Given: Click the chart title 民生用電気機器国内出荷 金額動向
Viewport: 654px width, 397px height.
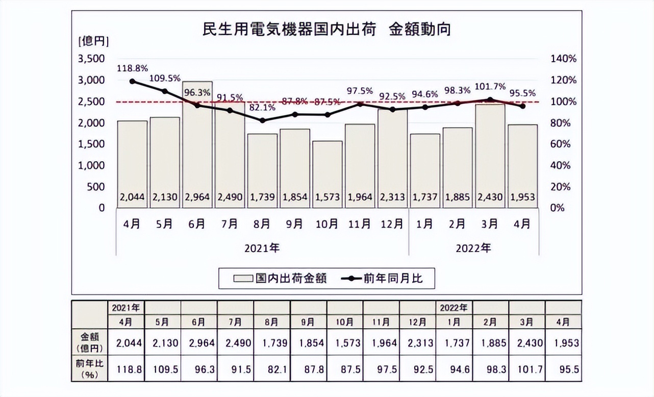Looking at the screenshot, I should [326, 30].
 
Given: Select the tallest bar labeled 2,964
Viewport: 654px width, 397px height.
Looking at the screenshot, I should [197, 143].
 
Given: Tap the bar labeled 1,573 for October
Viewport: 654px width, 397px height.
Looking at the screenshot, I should [327, 173].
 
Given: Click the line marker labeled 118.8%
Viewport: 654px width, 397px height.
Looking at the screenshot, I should [132, 81].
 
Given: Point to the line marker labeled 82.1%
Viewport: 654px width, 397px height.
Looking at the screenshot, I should [262, 120].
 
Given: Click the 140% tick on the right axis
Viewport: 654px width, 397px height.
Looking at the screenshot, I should [564, 59].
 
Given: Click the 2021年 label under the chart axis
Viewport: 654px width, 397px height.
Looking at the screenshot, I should [262, 249].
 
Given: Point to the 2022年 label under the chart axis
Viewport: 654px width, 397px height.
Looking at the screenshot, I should [473, 249].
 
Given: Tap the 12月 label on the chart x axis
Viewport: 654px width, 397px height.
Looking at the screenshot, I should [392, 224].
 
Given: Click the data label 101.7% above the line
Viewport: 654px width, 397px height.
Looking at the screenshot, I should [490, 87].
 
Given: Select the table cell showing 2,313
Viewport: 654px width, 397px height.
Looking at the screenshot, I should [418, 343].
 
